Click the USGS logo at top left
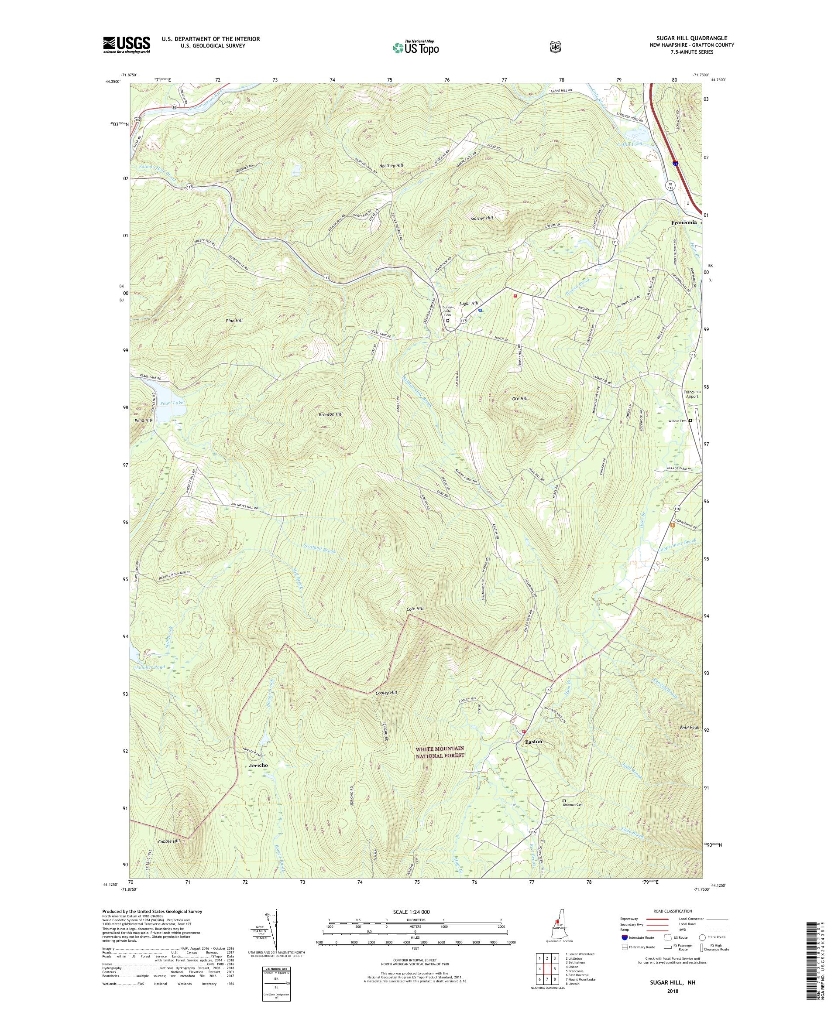[126, 45]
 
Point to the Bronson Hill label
[330, 414]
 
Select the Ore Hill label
[520, 399]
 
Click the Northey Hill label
[392, 165]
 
